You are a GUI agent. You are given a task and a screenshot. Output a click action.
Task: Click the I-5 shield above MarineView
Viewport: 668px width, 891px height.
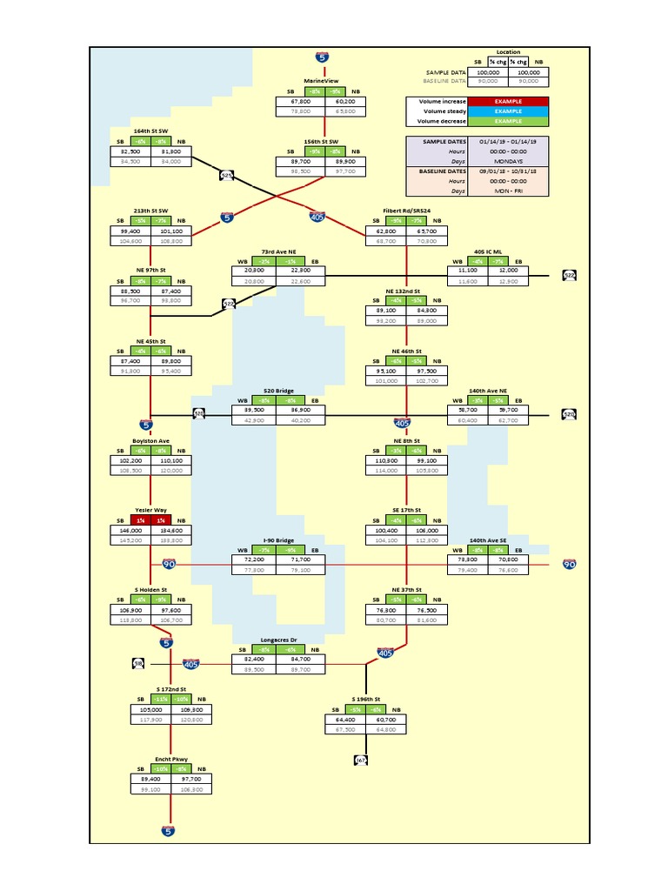click(x=323, y=57)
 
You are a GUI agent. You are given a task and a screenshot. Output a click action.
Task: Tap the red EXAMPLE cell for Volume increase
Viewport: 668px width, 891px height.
click(x=509, y=102)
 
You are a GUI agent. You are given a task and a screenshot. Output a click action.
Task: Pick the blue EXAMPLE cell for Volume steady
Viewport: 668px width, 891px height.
click(x=509, y=111)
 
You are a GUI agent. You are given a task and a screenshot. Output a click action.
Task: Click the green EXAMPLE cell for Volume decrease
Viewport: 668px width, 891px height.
click(x=509, y=121)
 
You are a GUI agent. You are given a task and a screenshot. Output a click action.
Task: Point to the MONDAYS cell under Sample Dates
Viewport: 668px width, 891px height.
click(x=509, y=160)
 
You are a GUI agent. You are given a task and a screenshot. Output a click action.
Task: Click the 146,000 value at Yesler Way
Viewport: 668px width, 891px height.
click(x=130, y=529)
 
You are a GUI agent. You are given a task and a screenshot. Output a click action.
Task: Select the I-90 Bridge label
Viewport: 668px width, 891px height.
click(x=278, y=540)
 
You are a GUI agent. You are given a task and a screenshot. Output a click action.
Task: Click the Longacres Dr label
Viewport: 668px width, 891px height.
click(x=278, y=640)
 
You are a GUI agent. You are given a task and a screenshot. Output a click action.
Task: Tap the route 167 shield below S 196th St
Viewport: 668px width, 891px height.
click(x=361, y=760)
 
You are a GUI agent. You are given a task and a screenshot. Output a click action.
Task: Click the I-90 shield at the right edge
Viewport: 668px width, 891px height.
click(x=570, y=564)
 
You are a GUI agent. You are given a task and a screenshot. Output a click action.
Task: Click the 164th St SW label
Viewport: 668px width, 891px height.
click(x=151, y=131)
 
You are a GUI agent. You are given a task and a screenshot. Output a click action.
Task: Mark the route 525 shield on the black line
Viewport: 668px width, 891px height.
click(x=227, y=175)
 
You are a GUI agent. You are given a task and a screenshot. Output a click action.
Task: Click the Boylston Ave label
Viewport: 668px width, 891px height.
click(x=151, y=440)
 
